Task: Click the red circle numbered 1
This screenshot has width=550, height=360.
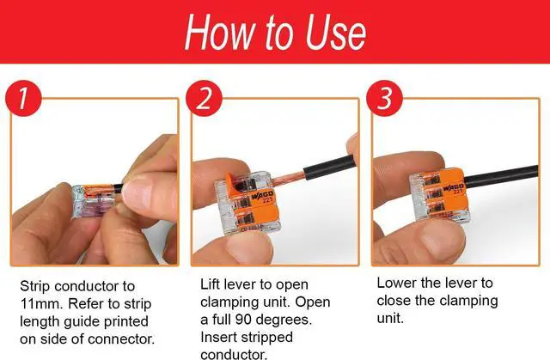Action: (23, 98)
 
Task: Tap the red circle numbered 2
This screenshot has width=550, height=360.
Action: (204, 98)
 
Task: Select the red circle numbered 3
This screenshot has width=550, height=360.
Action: (384, 98)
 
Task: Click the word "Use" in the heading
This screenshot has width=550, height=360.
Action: (336, 33)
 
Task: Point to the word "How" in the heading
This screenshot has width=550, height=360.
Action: (219, 32)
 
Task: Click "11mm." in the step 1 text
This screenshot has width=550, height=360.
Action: (41, 303)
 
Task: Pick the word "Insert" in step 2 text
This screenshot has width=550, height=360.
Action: (217, 337)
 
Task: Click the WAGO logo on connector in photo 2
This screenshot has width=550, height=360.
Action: (261, 197)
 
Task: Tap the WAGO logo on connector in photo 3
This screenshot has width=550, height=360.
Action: (453, 187)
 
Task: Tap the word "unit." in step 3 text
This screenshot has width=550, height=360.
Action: (390, 318)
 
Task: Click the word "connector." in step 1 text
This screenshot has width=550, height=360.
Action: (121, 339)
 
